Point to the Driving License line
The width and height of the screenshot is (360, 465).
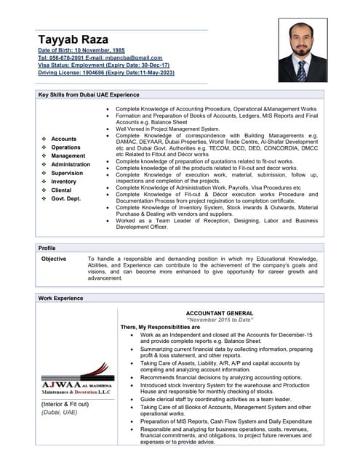(105, 73)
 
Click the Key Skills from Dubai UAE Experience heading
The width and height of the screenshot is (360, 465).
(89, 95)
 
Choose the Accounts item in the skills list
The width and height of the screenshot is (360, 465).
(63, 139)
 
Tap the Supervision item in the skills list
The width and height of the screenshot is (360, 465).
(67, 173)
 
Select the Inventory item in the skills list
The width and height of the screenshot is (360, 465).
(64, 182)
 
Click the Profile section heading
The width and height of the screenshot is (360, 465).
(47, 248)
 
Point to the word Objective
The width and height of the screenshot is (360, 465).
(54, 259)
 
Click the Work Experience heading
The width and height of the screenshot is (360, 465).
(62, 298)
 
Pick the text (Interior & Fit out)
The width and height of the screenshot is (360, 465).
(65, 404)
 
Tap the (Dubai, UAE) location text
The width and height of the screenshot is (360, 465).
(59, 412)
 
